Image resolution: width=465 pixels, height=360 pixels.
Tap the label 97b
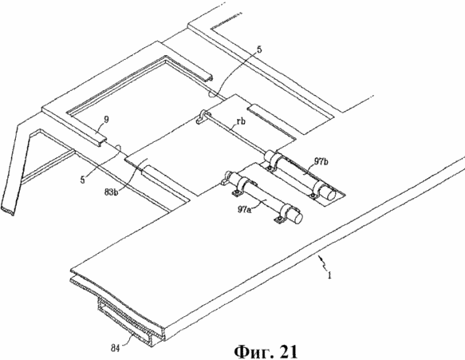point(321,162)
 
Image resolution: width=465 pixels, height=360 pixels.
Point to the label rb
point(242,121)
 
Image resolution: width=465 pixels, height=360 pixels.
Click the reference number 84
point(115,349)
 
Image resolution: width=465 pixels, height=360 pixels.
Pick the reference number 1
point(329,276)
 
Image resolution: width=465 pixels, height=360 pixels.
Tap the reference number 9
point(106,120)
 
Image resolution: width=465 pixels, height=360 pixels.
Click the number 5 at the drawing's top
point(259,49)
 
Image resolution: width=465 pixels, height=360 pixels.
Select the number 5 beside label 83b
point(82,180)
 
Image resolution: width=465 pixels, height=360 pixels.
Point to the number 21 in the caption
point(288,352)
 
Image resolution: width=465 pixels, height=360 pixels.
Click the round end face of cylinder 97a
point(298,218)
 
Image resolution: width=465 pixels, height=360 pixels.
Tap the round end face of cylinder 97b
point(330,194)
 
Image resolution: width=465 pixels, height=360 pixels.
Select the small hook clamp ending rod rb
point(202,117)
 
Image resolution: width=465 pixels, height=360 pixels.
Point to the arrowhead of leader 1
point(318,256)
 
